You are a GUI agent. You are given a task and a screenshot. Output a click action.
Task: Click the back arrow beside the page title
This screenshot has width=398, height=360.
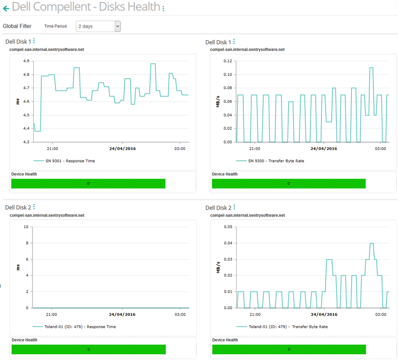tap(6, 8)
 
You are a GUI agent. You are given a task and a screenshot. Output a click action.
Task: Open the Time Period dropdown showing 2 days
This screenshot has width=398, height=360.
tap(98, 26)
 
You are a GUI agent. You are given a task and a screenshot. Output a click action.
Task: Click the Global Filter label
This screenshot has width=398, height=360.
tap(17, 26)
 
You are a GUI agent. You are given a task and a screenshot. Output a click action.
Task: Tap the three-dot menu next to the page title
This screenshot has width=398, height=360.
tap(163, 8)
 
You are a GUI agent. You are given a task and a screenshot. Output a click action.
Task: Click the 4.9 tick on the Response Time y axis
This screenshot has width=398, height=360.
tap(26, 61)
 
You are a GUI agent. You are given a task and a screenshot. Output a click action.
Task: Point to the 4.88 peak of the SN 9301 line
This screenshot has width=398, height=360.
tap(153, 64)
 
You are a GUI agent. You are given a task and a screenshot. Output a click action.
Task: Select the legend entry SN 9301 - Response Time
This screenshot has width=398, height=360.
tap(70, 161)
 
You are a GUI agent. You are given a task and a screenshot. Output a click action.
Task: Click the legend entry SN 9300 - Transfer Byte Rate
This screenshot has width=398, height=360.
tap(276, 161)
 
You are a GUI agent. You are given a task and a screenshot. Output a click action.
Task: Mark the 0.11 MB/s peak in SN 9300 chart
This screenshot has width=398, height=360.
tap(371, 68)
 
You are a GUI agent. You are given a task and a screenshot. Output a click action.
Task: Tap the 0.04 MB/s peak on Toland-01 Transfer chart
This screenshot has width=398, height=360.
tap(372, 243)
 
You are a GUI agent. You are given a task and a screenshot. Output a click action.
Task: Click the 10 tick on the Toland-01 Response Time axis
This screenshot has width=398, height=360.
tap(26, 227)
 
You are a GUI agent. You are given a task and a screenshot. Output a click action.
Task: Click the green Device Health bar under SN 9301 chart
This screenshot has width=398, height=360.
tap(88, 184)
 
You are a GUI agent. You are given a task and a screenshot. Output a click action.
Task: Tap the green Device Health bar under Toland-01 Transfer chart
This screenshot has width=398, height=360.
tap(289, 350)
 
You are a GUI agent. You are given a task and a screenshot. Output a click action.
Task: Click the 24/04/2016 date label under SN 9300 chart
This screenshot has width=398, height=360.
tap(324, 148)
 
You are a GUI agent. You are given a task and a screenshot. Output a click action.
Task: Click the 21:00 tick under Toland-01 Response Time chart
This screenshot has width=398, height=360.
tap(52, 315)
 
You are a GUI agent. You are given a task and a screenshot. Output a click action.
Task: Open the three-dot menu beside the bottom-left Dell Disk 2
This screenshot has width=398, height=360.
tap(34, 207)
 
